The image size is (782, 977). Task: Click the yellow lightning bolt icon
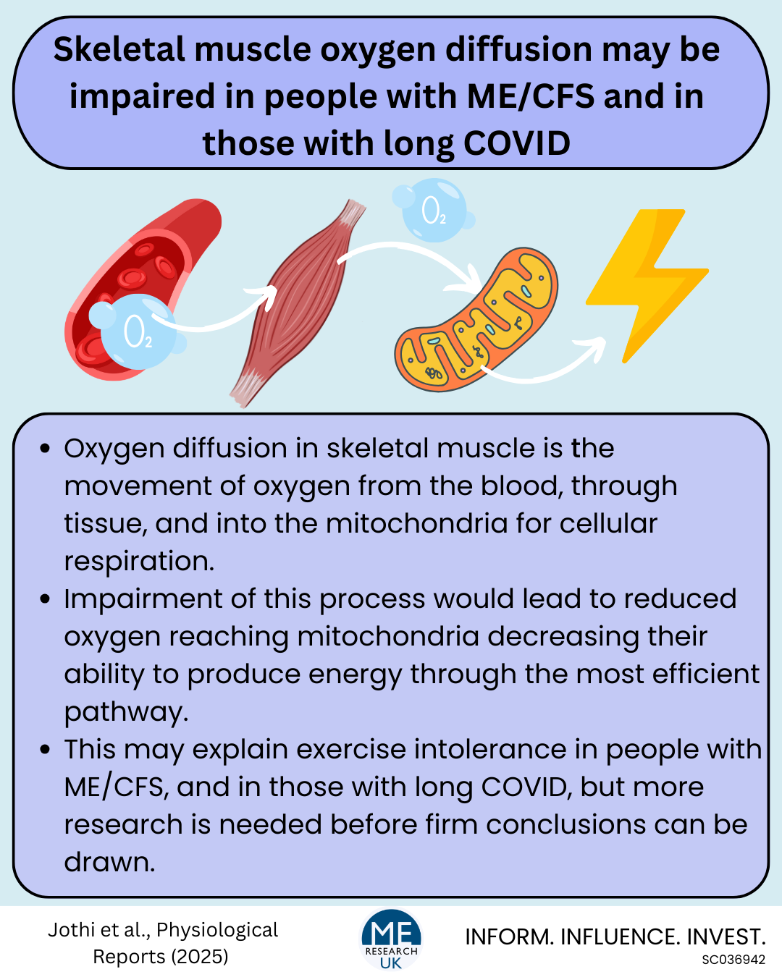pyautogui.click(x=645, y=286)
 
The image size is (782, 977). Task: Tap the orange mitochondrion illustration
pyautogui.click(x=477, y=320)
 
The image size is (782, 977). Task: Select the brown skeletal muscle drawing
pyautogui.click(x=298, y=302)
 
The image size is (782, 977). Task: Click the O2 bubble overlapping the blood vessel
pyautogui.click(x=136, y=331)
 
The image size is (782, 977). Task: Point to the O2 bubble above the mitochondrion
pyautogui.click(x=434, y=210)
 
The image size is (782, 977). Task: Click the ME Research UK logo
pyautogui.click(x=391, y=939)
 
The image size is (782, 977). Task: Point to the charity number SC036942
pyautogui.click(x=733, y=960)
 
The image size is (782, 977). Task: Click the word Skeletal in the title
pyautogui.click(x=119, y=49)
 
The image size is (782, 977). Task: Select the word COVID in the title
pyautogui.click(x=517, y=143)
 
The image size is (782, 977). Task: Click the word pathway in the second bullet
pyautogui.click(x=126, y=712)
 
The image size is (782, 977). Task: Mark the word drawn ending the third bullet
pyautogui.click(x=109, y=862)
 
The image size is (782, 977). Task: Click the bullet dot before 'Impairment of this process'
pyautogui.click(x=44, y=599)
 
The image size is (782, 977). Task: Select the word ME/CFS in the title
pyautogui.click(x=530, y=96)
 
